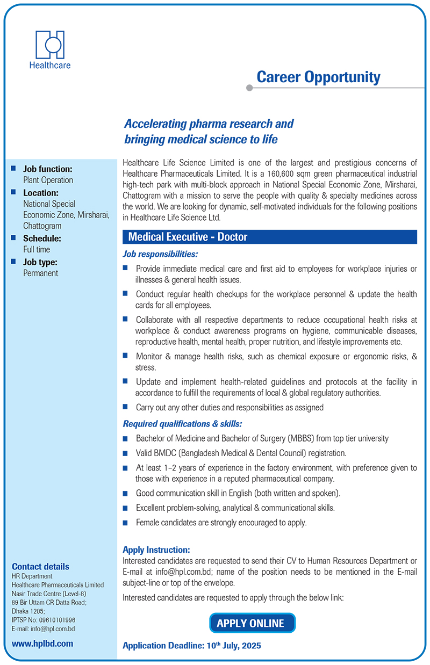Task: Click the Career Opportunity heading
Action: pyautogui.click(x=318, y=77)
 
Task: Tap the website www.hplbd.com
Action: pyautogui.click(x=42, y=643)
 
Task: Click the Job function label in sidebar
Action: pyautogui.click(x=47, y=169)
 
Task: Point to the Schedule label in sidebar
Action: pyautogui.click(x=42, y=238)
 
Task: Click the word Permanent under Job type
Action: pyautogui.click(x=40, y=273)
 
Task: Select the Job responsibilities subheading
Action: pyautogui.click(x=160, y=253)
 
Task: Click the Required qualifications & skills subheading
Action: pyautogui.click(x=182, y=423)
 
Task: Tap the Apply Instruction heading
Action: pyautogui.click(x=156, y=550)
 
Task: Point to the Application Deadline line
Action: pyautogui.click(x=192, y=646)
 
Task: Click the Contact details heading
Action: pyautogui.click(x=40, y=566)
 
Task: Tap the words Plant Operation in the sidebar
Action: pyautogui.click(x=48, y=180)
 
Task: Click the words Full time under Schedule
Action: pyautogui.click(x=37, y=249)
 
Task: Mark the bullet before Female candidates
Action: pyautogui.click(x=125, y=522)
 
